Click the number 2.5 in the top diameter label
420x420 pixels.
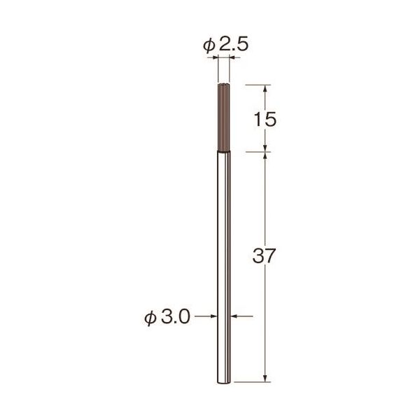tap(234, 45)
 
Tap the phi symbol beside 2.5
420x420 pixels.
tap(209, 45)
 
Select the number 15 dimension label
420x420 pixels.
tap(265, 119)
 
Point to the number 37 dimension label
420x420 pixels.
tap(264, 255)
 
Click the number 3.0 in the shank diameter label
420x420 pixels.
tap(176, 317)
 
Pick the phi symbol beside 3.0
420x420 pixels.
tap(150, 318)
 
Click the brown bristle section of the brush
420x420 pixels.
tap(224, 118)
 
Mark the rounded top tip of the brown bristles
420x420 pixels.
tap(224, 85)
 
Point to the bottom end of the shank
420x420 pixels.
tap(224, 382)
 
